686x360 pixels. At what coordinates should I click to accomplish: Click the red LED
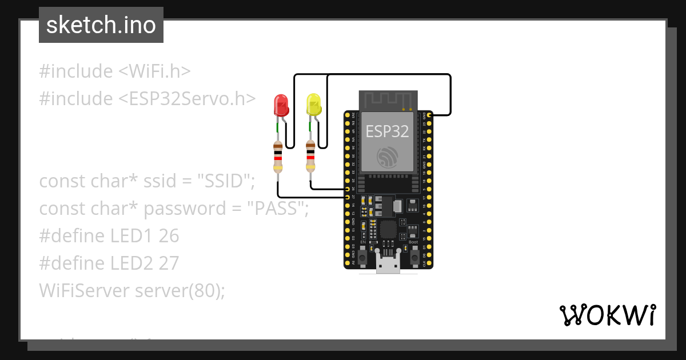pyautogui.click(x=281, y=106)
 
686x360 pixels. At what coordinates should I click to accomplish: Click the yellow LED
pyautogui.click(x=313, y=106)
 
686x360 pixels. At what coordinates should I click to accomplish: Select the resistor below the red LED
pyautogui.click(x=278, y=158)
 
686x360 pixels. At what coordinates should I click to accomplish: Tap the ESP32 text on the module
pyautogui.click(x=388, y=131)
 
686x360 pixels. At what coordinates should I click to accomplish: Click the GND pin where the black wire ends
pyautogui.click(x=429, y=115)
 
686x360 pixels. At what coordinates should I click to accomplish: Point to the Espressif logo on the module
pyautogui.click(x=388, y=158)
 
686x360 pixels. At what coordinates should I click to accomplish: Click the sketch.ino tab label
pyautogui.click(x=101, y=25)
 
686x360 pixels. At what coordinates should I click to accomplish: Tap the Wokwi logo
pyautogui.click(x=607, y=315)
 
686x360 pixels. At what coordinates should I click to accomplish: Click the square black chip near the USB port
pyautogui.click(x=388, y=230)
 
